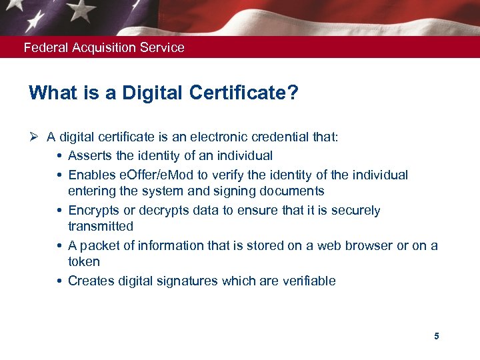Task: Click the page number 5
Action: coord(437,336)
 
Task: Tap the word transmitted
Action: coord(101,227)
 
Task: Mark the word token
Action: coord(83,262)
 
